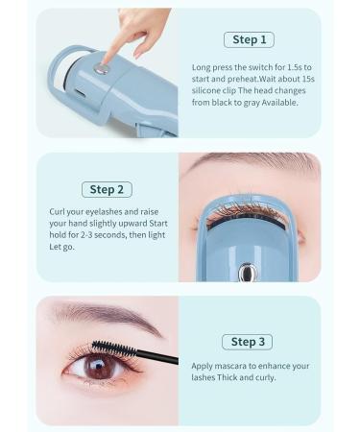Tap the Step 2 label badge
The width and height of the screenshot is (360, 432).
pyautogui.click(x=106, y=189)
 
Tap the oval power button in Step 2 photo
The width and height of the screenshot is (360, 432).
pyautogui.click(x=248, y=273)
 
